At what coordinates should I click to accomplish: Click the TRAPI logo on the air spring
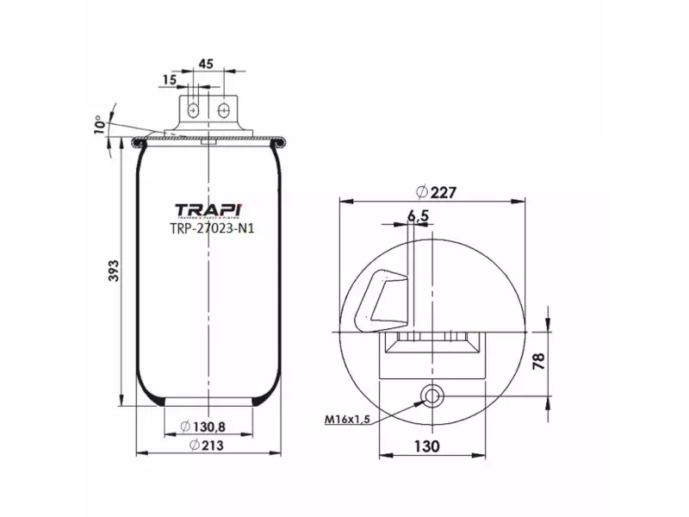209,210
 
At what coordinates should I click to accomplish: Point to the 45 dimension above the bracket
206,64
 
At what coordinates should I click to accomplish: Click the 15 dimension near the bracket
168,79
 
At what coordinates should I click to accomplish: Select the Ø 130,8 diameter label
205,426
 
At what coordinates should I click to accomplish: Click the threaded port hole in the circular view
431,396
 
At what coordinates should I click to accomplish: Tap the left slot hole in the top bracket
196,111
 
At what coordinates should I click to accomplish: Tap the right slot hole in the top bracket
224,111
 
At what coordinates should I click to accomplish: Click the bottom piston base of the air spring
209,402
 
